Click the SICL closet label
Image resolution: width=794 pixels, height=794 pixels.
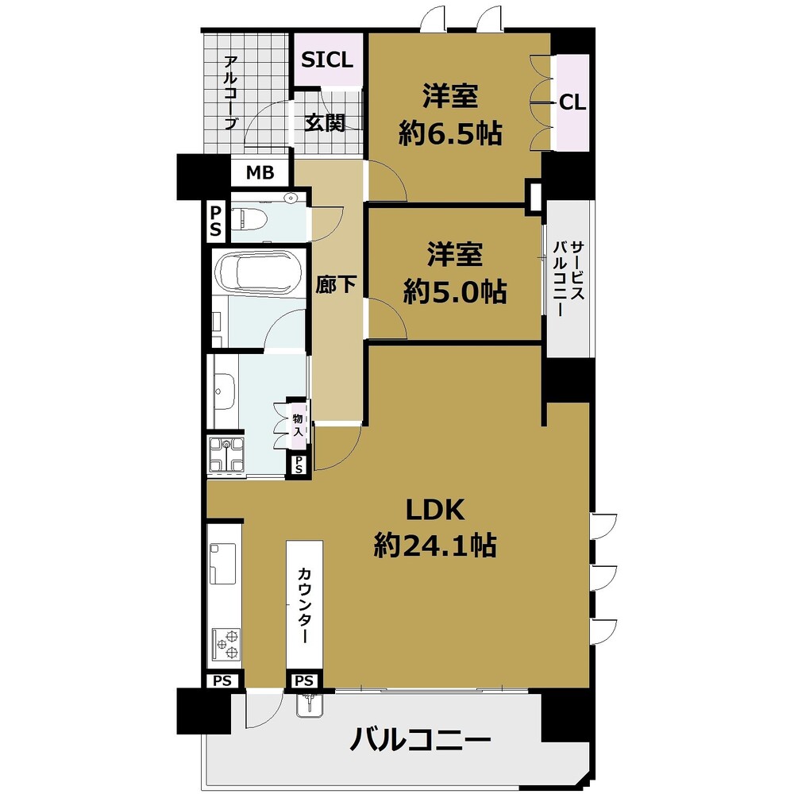(327, 60)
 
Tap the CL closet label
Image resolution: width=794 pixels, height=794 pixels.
(572, 102)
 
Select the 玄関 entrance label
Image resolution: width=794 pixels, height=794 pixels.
(326, 123)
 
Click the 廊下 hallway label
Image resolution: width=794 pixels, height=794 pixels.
(334, 285)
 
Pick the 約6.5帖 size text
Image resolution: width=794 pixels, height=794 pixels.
(450, 134)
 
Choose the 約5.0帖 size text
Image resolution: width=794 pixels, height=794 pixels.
(454, 292)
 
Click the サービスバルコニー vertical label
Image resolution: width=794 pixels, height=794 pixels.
(569, 278)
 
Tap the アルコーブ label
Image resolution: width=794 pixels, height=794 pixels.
(230, 92)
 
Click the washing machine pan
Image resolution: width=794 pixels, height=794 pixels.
(227, 456)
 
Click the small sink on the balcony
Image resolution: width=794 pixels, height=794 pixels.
(310, 703)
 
